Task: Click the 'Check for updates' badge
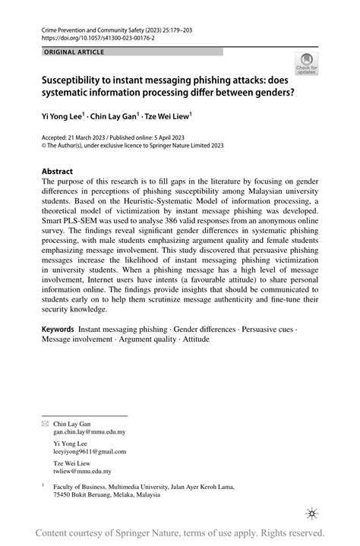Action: click(x=307, y=65)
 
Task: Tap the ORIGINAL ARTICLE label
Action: click(x=74, y=52)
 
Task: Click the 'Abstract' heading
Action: click(x=58, y=171)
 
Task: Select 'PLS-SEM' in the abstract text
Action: click(x=87, y=225)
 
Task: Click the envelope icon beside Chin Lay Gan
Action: click(x=44, y=421)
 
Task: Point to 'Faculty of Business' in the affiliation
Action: click(x=81, y=485)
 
